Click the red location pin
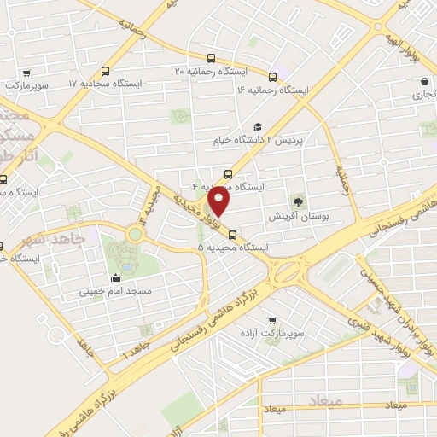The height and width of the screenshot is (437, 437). click(x=220, y=201)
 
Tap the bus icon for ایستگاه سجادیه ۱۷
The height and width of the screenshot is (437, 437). click(x=106, y=73)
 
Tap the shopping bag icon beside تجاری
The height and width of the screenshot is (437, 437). click(x=424, y=82)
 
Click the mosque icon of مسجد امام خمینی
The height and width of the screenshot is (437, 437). click(x=116, y=278)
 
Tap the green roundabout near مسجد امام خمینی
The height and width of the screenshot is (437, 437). click(x=135, y=233)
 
